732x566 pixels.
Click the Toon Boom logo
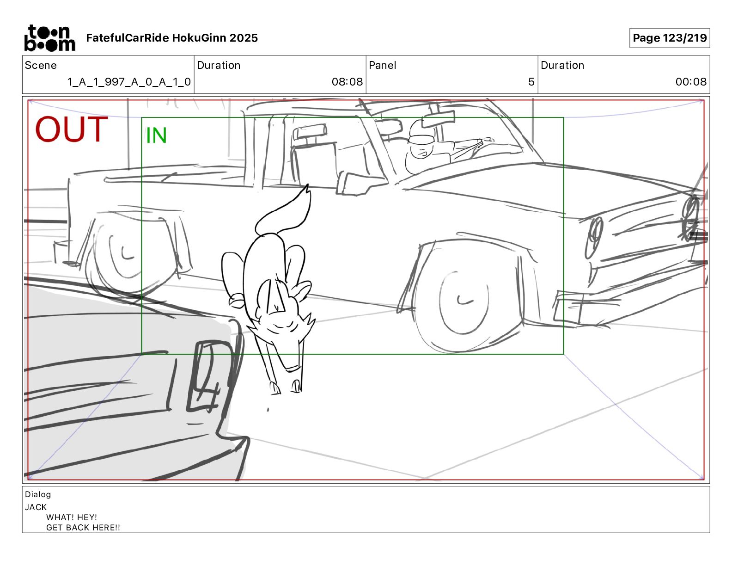click(x=49, y=38)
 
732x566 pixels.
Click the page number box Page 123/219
click(x=669, y=38)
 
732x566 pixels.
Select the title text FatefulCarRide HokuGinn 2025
click(x=172, y=38)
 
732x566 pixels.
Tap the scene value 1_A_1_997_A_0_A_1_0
click(x=129, y=82)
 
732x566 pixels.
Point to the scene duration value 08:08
click(x=347, y=82)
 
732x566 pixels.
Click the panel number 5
click(x=531, y=82)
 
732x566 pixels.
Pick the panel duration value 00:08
click(x=691, y=82)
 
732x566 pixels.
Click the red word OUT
click(x=72, y=129)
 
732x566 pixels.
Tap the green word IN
click(x=156, y=135)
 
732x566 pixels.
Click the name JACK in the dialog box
click(x=36, y=507)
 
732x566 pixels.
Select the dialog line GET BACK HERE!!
click(x=83, y=528)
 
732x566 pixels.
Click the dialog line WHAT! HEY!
click(x=72, y=517)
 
